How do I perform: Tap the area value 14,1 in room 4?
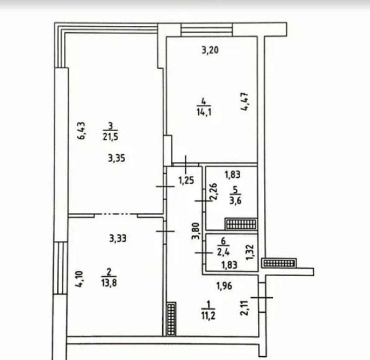204,112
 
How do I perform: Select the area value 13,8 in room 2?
109,283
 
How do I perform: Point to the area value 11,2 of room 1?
208,315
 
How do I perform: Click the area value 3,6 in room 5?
235,201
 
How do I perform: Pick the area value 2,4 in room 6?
223,253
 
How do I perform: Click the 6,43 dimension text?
82,131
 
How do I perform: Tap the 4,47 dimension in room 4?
244,102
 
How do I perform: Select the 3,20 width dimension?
210,50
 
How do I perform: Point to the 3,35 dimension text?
117,158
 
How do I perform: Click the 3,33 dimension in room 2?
118,239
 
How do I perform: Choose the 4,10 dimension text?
79,279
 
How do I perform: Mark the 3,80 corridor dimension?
196,232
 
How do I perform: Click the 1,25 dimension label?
186,180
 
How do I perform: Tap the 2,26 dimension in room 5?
213,192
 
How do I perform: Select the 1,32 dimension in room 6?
249,253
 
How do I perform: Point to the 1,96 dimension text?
224,286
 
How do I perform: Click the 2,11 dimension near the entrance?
244,308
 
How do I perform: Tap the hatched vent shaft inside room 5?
241,224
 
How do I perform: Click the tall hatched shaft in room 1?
171,319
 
